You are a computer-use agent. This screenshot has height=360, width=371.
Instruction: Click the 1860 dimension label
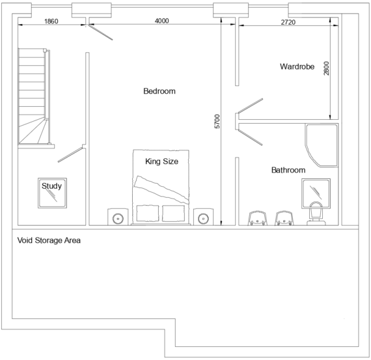tap(51, 21)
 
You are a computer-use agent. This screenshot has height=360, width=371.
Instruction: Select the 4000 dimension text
tap(162, 21)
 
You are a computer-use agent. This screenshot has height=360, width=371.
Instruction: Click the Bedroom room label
tap(159, 91)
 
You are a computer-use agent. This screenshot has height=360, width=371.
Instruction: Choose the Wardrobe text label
tap(297, 66)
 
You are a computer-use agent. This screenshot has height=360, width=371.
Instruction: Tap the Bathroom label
tap(288, 170)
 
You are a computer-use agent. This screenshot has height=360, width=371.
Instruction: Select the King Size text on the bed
tap(161, 161)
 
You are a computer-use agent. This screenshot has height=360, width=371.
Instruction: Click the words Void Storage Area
tap(48, 241)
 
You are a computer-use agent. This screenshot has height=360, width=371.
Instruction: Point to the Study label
tap(51, 186)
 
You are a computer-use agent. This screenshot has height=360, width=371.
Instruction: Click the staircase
tap(33, 98)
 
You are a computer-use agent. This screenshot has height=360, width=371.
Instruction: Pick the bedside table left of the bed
tap(118, 217)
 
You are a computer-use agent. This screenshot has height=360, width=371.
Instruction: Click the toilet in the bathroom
tap(317, 214)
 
